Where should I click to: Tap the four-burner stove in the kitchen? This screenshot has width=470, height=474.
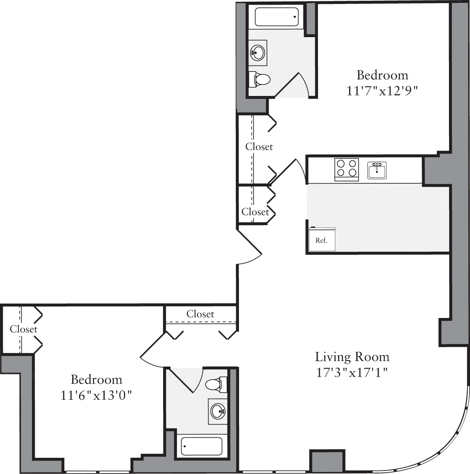(x=346, y=169)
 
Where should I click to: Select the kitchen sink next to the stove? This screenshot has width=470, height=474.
(x=377, y=170)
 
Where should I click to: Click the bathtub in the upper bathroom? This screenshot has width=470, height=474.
(x=276, y=17)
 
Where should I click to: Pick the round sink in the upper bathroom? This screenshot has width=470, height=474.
(x=258, y=53)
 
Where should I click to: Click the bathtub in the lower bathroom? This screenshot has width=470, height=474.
(x=201, y=446)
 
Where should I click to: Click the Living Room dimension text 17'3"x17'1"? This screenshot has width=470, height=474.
(x=352, y=372)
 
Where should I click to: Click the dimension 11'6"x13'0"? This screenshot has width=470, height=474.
(x=96, y=395)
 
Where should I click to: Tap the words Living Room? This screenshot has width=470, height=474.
(x=352, y=357)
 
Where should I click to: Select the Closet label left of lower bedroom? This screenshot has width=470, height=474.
(x=24, y=329)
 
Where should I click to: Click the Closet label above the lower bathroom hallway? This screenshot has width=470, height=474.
(x=200, y=314)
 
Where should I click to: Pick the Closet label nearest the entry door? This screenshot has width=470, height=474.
(x=255, y=212)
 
